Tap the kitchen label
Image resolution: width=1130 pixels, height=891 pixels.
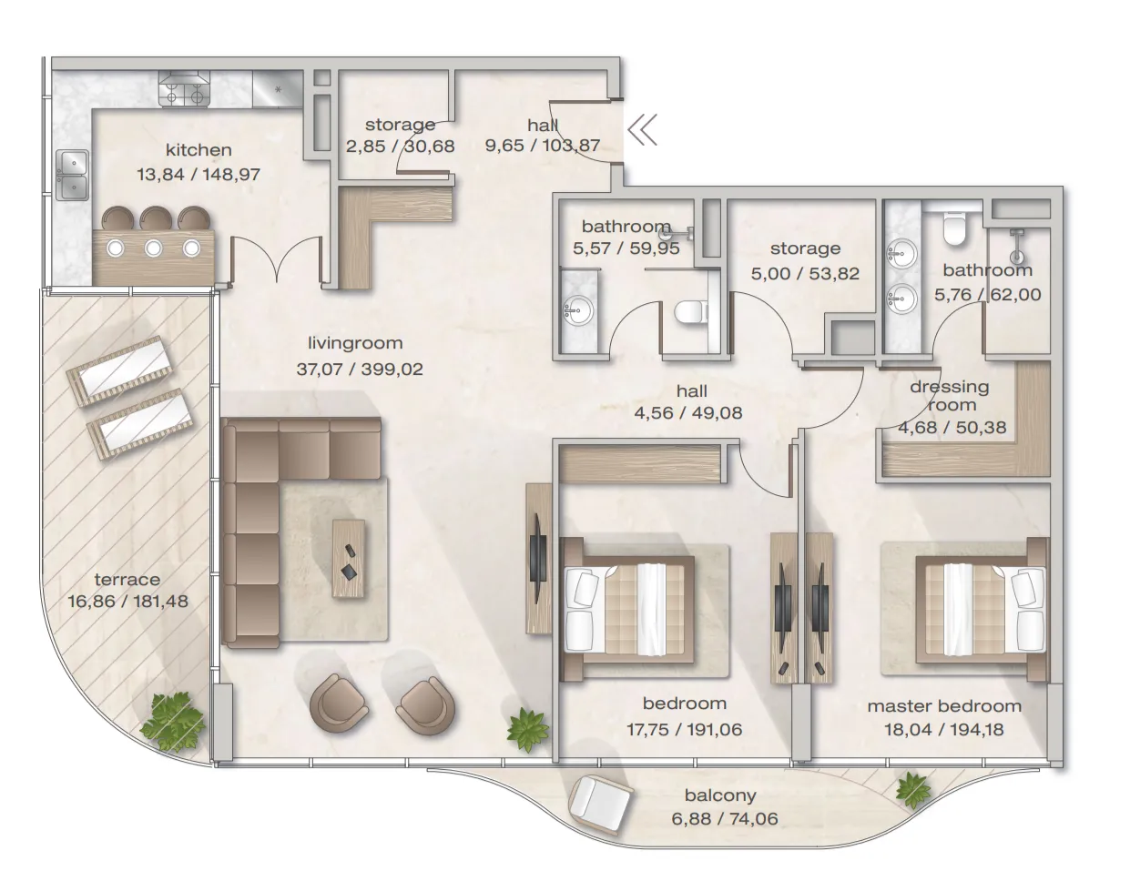point(199,150)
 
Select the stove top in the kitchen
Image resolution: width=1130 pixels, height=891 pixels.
point(184,91)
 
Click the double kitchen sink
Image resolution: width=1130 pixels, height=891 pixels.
point(73,176)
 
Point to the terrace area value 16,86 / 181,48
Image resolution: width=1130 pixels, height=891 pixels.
point(127,602)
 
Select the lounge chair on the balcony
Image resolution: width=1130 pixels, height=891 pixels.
point(600,811)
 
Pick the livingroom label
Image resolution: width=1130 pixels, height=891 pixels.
point(355,343)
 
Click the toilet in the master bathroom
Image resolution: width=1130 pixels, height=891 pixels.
point(954,228)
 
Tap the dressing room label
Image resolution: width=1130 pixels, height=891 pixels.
point(950,396)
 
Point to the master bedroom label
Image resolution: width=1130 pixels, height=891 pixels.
point(944,706)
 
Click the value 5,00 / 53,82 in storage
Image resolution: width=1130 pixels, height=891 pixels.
point(805,274)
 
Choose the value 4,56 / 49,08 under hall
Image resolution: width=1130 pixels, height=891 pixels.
point(688,412)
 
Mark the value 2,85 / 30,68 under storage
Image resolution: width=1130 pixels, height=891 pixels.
point(400,146)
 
